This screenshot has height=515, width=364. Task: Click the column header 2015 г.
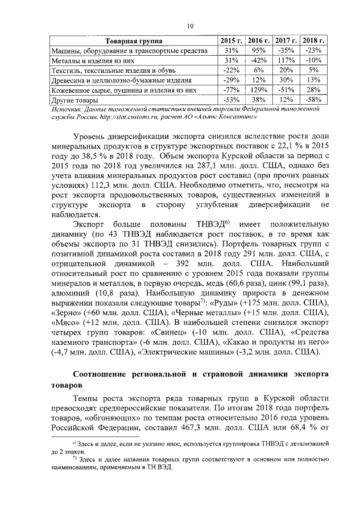(x=231, y=42)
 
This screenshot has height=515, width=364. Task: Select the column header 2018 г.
(x=313, y=42)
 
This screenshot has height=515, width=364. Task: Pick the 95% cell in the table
(x=259, y=51)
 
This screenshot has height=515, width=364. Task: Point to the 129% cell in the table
(x=259, y=90)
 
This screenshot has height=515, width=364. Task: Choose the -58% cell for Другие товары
(x=313, y=100)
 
